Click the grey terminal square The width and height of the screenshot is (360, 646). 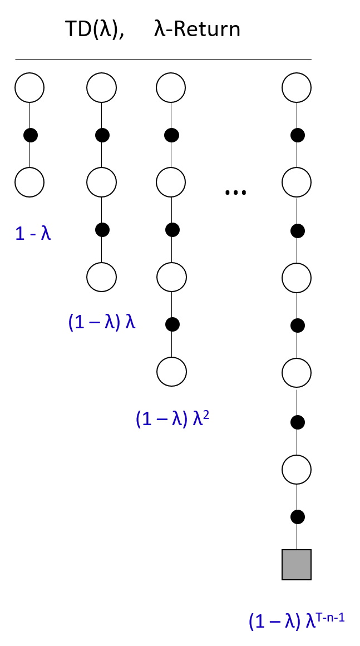coord(297,565)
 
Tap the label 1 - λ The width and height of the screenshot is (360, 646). coord(33,233)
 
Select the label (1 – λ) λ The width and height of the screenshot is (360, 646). coord(102,323)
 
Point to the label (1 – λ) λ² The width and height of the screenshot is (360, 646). coord(172,418)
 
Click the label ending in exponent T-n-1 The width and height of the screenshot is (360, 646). coord(297,620)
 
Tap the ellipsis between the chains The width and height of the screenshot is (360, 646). coord(235,192)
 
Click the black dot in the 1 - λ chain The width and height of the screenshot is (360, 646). coord(30,135)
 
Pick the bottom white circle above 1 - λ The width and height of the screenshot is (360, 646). coord(29,182)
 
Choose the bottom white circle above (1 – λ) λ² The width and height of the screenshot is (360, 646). coord(171,372)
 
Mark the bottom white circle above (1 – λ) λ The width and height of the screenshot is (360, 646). coord(101,276)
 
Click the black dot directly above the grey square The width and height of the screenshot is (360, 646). coord(298,516)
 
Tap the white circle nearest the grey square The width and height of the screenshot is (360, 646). coord(297,469)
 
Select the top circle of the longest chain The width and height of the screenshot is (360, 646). coord(297,87)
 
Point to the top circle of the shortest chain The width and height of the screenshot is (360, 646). coord(29,87)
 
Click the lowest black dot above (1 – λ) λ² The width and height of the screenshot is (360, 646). coord(172,323)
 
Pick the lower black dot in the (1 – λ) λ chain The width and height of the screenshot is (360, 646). coord(102,229)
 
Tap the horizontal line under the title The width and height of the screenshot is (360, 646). coord(163,59)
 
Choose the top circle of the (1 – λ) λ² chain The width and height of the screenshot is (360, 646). coord(171,87)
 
